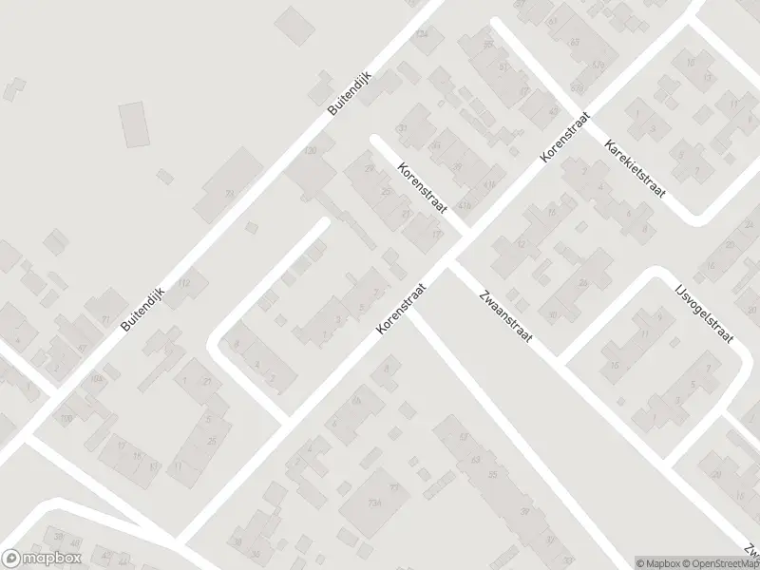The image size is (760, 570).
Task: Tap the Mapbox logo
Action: coord(42,559)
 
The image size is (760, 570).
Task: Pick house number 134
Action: coord(422,35)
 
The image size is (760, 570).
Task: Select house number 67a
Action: coord(598,65)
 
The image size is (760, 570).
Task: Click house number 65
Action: coord(489,45)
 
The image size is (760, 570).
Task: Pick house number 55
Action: coord(491,473)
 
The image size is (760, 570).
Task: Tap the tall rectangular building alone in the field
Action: coord(135,124)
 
